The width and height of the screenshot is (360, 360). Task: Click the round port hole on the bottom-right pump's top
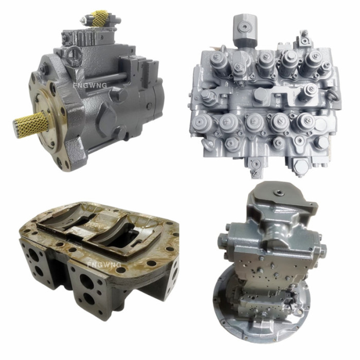click(x=279, y=193)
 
